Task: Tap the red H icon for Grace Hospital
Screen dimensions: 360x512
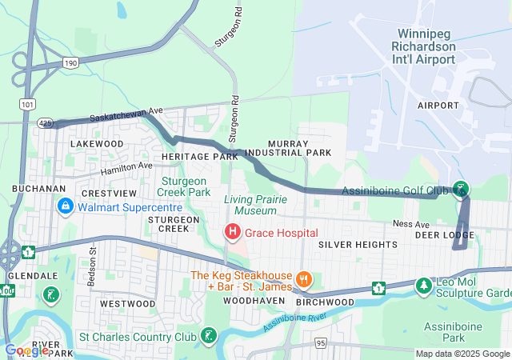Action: click(232, 232)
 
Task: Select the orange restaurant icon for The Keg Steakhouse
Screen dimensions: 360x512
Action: click(303, 279)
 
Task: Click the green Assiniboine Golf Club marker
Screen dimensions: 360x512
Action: click(460, 190)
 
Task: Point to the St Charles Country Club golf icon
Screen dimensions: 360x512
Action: click(209, 334)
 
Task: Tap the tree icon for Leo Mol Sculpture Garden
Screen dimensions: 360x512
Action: click(422, 284)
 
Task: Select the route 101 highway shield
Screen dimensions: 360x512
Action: click(29, 104)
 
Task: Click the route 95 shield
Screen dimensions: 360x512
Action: click(321, 342)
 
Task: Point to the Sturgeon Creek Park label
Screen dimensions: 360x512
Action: click(186, 186)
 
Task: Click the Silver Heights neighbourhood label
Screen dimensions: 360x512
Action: click(352, 243)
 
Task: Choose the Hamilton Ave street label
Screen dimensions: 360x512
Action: click(125, 167)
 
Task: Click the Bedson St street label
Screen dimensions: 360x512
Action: click(92, 259)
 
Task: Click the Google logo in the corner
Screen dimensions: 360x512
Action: click(27, 350)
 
